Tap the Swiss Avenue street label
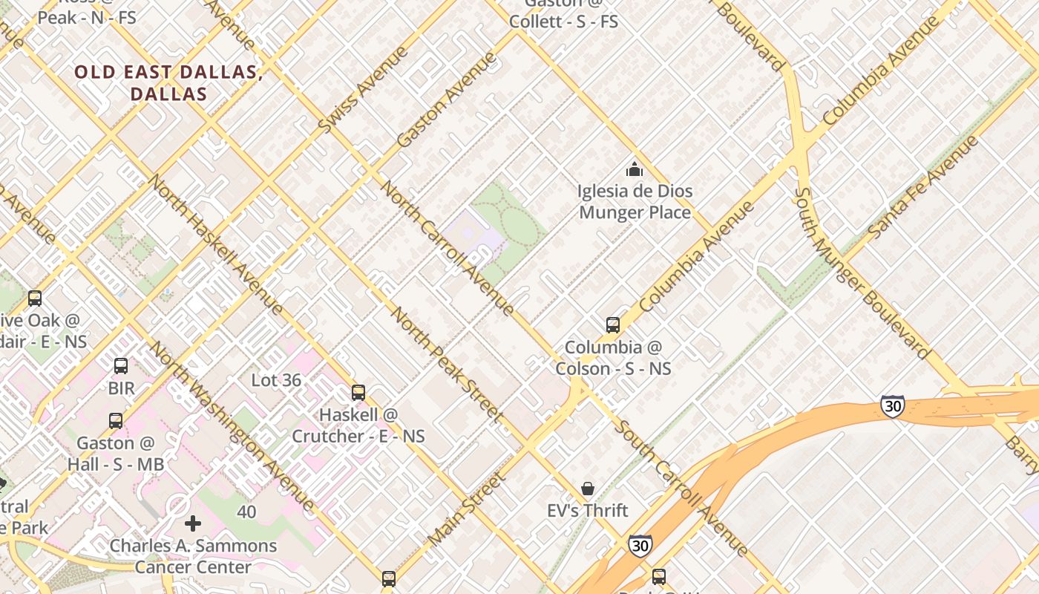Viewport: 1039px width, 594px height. [x=363, y=90]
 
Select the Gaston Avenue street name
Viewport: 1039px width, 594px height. [x=446, y=99]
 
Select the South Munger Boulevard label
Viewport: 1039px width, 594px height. [x=860, y=272]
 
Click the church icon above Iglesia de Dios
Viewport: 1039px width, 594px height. [x=634, y=170]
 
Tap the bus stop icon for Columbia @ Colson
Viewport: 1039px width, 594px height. [x=612, y=325]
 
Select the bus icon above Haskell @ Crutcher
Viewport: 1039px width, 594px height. [x=358, y=393]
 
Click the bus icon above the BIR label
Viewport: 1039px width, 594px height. [x=121, y=366]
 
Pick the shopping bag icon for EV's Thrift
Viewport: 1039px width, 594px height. [x=588, y=489]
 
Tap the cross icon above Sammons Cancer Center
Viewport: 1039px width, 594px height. [x=193, y=524]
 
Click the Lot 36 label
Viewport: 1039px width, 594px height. [x=276, y=381]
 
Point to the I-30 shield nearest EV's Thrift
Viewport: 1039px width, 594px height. [x=640, y=546]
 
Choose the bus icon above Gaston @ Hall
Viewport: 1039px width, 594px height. [x=116, y=421]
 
